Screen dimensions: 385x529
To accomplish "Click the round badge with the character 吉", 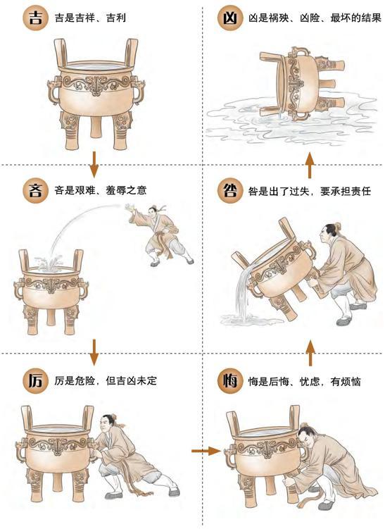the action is click(x=36, y=18).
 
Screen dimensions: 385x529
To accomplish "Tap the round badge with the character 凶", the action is click(x=230, y=18).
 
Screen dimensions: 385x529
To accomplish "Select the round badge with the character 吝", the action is click(x=36, y=191).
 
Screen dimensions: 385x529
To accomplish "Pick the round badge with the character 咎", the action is click(x=230, y=191).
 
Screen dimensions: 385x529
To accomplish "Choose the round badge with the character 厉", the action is click(x=36, y=381).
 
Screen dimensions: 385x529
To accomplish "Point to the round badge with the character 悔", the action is click(x=230, y=381).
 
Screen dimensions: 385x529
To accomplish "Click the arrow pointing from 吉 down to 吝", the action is click(x=94, y=164).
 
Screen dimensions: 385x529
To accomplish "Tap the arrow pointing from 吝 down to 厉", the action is click(x=94, y=352).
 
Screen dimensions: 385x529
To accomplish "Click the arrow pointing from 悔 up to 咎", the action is click(x=310, y=353).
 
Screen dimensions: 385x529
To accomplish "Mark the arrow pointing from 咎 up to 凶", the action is click(x=310, y=165).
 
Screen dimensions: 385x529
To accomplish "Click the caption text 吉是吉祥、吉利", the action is click(x=90, y=18).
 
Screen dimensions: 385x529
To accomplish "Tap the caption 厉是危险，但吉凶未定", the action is click(x=106, y=381).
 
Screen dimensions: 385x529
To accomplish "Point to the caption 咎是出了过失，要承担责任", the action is click(x=310, y=191).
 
